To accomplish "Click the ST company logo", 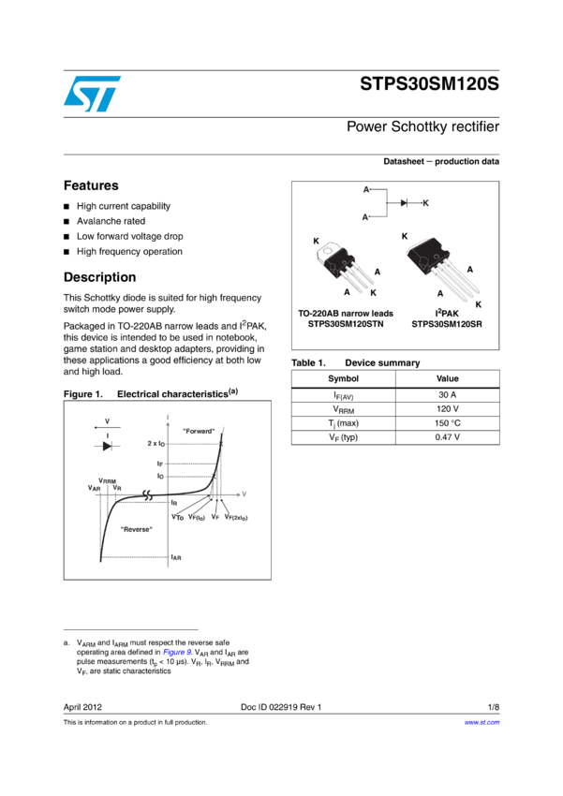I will [x=92, y=94].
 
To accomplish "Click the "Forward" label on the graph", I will [x=199, y=431].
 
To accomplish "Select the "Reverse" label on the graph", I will [x=137, y=529].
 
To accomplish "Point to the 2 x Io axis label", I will [x=156, y=443].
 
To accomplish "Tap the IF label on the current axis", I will [x=160, y=464].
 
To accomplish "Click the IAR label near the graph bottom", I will [x=175, y=557].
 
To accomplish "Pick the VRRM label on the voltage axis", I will [x=107, y=480].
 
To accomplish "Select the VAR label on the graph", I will [x=94, y=489].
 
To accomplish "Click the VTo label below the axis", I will [x=177, y=517].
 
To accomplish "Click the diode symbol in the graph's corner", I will [x=107, y=446].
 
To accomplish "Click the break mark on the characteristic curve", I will [x=146, y=494].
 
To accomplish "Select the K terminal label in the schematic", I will [x=425, y=202].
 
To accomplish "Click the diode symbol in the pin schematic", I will [x=404, y=202].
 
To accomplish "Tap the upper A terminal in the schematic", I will [x=366, y=190].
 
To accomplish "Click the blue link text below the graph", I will [x=177, y=651].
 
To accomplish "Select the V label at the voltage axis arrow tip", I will [x=244, y=494].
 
